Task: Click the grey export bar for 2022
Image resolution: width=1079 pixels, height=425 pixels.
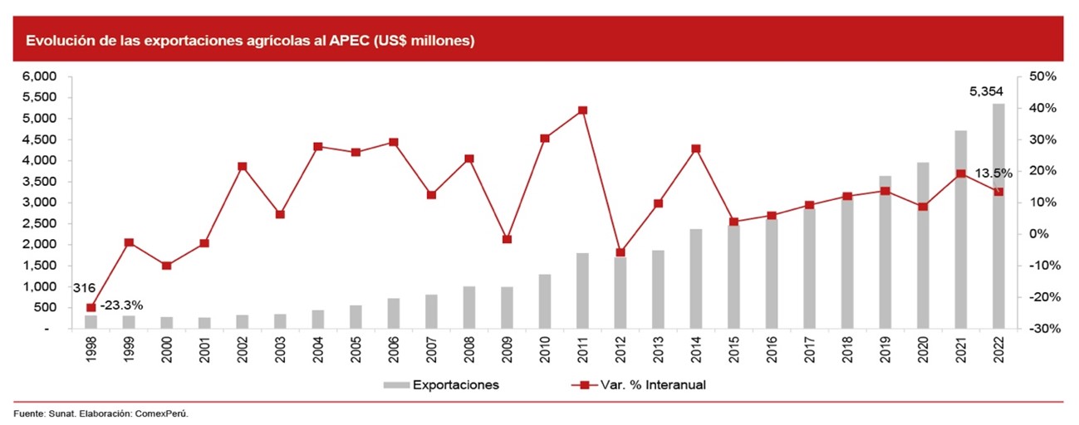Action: coord(998,216)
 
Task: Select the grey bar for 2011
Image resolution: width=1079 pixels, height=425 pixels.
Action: coord(582,291)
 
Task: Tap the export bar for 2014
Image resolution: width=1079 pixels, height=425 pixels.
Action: coord(696,278)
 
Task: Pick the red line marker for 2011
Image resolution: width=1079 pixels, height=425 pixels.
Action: coord(582,110)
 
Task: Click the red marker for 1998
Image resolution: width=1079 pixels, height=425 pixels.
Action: coord(91,307)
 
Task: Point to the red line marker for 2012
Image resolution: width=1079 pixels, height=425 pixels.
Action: coord(620,252)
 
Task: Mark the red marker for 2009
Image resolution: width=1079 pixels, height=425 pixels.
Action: coord(507,239)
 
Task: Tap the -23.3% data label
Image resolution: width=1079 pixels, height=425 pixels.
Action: coord(121,305)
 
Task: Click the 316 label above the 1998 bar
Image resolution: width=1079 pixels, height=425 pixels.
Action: coord(84,288)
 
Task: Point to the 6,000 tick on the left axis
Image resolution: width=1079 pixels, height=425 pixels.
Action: coord(40,76)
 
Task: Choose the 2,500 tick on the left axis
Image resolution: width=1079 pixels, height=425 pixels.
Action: coord(40,223)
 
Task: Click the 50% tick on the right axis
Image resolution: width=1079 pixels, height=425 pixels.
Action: coord(1042,76)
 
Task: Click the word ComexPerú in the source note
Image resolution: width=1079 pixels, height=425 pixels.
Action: coord(161,413)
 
